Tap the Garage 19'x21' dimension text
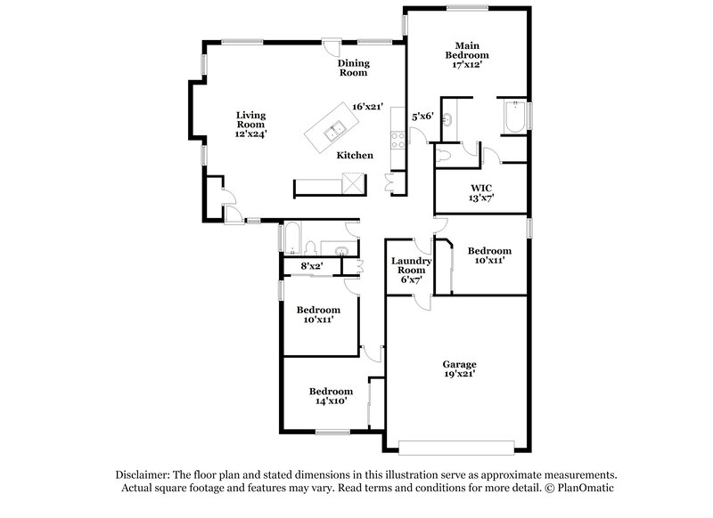tap(460, 375)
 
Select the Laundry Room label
tap(411, 265)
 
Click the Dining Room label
tap(353, 68)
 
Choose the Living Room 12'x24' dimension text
tap(250, 134)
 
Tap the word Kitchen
tap(355, 156)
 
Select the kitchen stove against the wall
tap(397, 137)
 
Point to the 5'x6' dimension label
tap(422, 116)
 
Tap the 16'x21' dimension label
tap(367, 107)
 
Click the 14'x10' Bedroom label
tap(331, 396)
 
